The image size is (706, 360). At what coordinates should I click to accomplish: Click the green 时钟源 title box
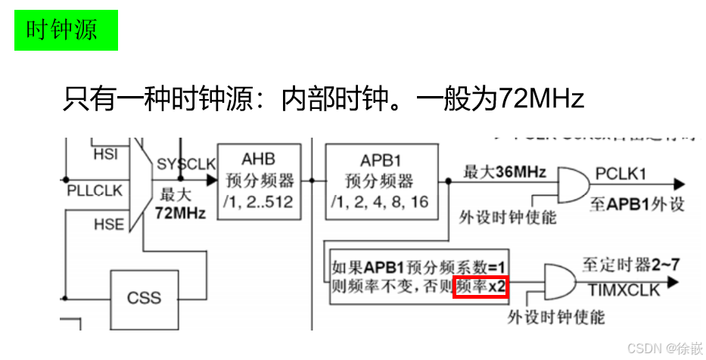tap(66, 30)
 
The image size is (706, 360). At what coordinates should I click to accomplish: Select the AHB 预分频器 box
tap(258, 181)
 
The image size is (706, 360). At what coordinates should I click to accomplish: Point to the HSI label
tap(105, 154)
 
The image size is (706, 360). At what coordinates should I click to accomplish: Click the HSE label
tap(107, 225)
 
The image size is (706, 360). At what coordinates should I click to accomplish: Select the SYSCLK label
tap(186, 164)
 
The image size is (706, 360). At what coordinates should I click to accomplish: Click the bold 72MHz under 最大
tap(180, 213)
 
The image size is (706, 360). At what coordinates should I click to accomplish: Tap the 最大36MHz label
tap(505, 172)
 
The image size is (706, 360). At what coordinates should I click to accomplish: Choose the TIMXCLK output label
tap(624, 290)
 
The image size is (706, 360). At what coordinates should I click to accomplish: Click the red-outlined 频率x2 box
tap(481, 287)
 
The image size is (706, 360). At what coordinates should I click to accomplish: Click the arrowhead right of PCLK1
tap(680, 184)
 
